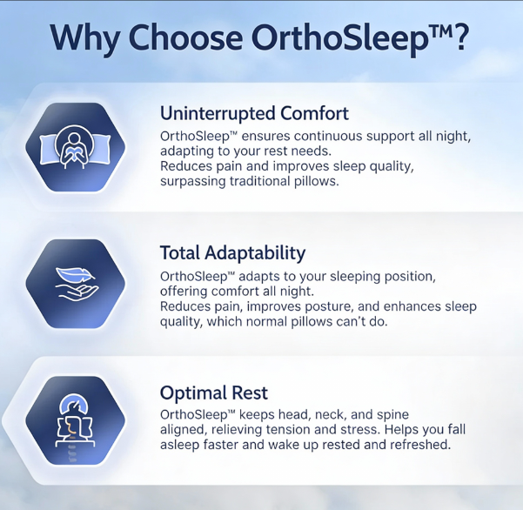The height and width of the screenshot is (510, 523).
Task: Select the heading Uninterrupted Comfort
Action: click(254, 113)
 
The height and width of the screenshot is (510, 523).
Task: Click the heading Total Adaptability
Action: click(232, 253)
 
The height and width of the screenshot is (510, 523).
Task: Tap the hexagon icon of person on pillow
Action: click(76, 145)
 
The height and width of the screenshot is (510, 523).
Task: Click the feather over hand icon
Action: click(76, 284)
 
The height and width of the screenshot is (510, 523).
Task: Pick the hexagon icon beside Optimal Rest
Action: click(76, 422)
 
